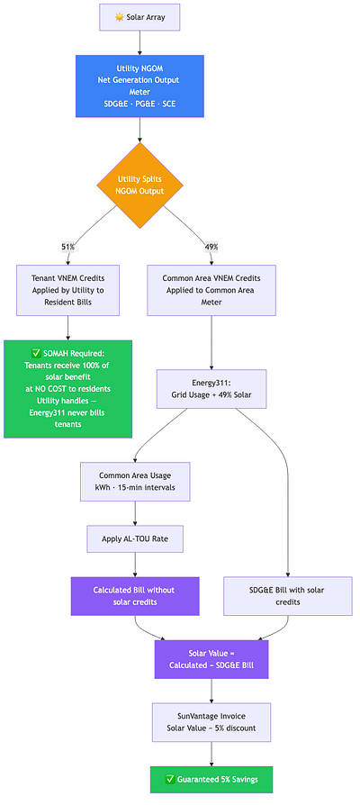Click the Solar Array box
pyautogui.click(x=139, y=17)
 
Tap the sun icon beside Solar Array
pyautogui.click(x=120, y=17)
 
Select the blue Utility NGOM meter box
pyautogui.click(x=139, y=86)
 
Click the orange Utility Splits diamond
pyautogui.click(x=140, y=185)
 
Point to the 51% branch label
pyautogui.click(x=67, y=247)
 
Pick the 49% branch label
pyautogui.click(x=211, y=247)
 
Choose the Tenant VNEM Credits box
pyautogui.click(x=68, y=290)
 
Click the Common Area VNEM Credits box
pyautogui.click(x=211, y=290)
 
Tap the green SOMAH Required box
pyautogui.click(x=68, y=389)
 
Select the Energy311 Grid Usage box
pyautogui.click(x=211, y=389)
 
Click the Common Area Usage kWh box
pyautogui.click(x=135, y=482)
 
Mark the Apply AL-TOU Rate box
pyautogui.click(x=135, y=539)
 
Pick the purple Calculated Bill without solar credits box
pyautogui.click(x=135, y=596)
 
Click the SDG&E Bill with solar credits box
pyautogui.click(x=288, y=596)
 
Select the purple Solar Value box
pyautogui.click(x=211, y=659)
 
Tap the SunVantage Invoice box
pyautogui.click(x=211, y=722)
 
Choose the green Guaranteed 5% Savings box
pyautogui.click(x=211, y=779)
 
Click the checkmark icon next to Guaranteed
pyautogui.click(x=171, y=779)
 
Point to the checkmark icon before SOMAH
pyautogui.click(x=36, y=353)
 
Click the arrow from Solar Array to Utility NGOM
pyautogui.click(x=139, y=42)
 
